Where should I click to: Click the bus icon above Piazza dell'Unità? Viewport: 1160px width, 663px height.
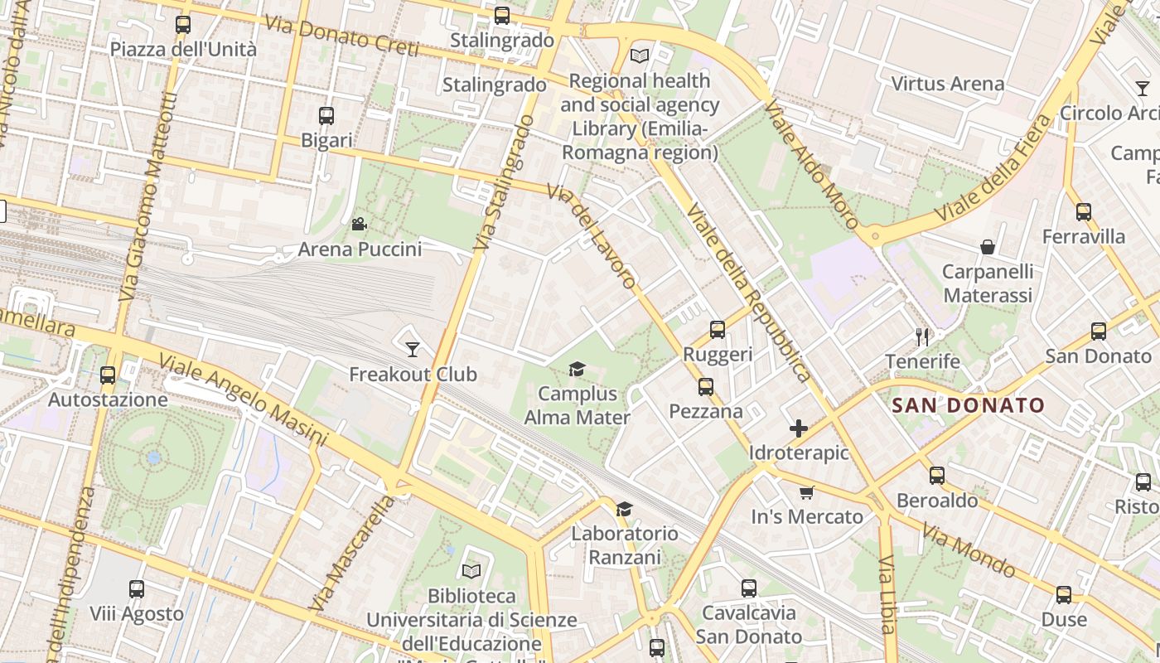(x=183, y=25)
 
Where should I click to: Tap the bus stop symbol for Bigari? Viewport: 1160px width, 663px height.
(x=326, y=116)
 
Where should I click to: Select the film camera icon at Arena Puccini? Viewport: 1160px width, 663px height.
(x=359, y=224)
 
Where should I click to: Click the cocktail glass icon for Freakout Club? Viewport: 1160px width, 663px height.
(x=413, y=349)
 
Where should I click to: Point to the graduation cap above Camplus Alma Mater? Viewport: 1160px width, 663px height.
(x=577, y=369)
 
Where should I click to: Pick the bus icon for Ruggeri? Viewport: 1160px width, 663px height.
(x=718, y=330)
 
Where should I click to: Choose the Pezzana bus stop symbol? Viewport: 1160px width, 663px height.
(x=706, y=387)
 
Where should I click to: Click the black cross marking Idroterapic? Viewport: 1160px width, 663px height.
(x=799, y=428)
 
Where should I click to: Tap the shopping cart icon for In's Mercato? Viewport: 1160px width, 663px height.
(x=807, y=492)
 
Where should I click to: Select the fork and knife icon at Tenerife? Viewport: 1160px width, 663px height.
(x=922, y=336)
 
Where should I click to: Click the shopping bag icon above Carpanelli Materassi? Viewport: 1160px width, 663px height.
(x=988, y=247)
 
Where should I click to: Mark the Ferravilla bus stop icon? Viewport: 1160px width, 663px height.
(x=1084, y=212)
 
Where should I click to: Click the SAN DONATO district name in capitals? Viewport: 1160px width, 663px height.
(x=968, y=405)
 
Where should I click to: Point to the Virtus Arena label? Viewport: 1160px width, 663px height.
(x=947, y=84)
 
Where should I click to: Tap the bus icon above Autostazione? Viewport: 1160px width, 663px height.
(x=108, y=375)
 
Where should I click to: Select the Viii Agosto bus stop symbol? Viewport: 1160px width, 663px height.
(x=137, y=589)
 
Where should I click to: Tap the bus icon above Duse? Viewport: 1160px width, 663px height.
(x=1064, y=594)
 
